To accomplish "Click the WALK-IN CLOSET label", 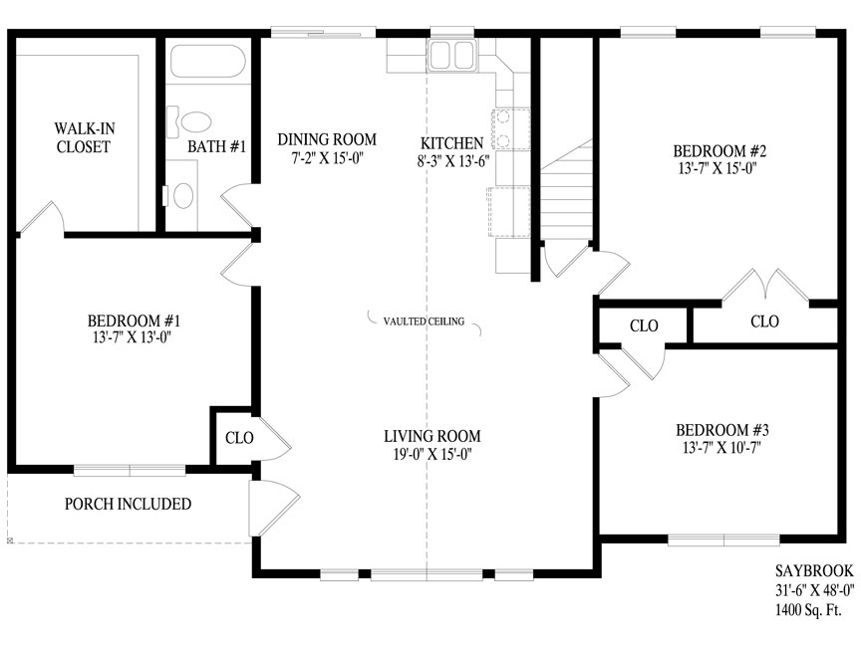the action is [x=85, y=137].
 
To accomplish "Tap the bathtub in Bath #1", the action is [x=207, y=61].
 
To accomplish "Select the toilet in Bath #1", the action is [x=189, y=122].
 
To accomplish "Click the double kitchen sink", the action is [x=451, y=55].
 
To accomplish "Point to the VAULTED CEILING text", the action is [x=424, y=322].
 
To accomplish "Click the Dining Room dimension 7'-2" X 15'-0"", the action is [x=327, y=158].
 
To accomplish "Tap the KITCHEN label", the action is [x=451, y=143].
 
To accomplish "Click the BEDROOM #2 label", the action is [x=719, y=150].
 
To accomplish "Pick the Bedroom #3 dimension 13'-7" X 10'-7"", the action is [x=721, y=448].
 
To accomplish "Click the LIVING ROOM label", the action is [x=432, y=436].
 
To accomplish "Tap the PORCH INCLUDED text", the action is [x=128, y=504].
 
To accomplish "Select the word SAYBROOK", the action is [x=814, y=571].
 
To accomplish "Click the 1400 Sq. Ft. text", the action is [x=808, y=610].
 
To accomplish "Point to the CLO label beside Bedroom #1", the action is [x=239, y=438].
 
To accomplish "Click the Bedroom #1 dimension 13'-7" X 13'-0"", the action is [x=133, y=337].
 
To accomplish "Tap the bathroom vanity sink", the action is [x=182, y=195].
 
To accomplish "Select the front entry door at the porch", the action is [x=275, y=508].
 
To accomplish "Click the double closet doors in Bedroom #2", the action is [x=765, y=286].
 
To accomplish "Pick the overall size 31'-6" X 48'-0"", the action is [x=815, y=590].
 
